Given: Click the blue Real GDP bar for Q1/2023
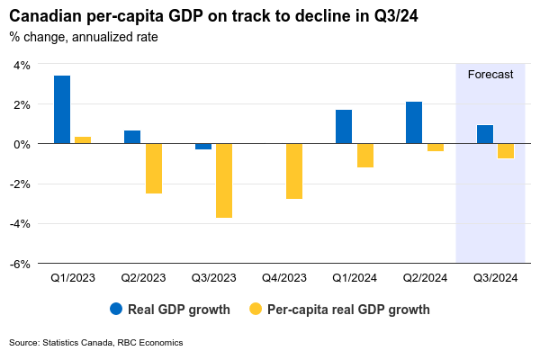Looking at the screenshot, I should [x=62, y=109].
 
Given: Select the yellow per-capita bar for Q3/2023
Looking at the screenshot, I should [x=223, y=180].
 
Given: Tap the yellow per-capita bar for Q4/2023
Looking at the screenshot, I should [x=293, y=171].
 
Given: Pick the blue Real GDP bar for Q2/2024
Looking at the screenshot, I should [x=414, y=122].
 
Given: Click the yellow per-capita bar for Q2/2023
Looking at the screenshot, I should [x=153, y=168].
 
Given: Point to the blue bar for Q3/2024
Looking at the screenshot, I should [x=484, y=134].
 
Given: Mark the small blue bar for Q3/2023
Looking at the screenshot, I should [x=203, y=147].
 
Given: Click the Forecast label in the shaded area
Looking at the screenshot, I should [x=490, y=75].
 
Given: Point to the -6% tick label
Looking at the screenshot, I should [x=20, y=264].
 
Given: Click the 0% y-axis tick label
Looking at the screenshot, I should [x=22, y=144].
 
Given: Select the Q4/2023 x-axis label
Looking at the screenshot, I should [x=284, y=278].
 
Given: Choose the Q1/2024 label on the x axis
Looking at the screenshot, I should [x=355, y=278].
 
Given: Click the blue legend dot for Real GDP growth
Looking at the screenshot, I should [x=116, y=310].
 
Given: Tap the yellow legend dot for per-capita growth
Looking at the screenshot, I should [x=256, y=310].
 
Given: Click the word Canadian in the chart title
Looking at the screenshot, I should [x=44, y=16].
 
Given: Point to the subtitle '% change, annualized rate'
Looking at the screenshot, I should [x=84, y=37].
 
